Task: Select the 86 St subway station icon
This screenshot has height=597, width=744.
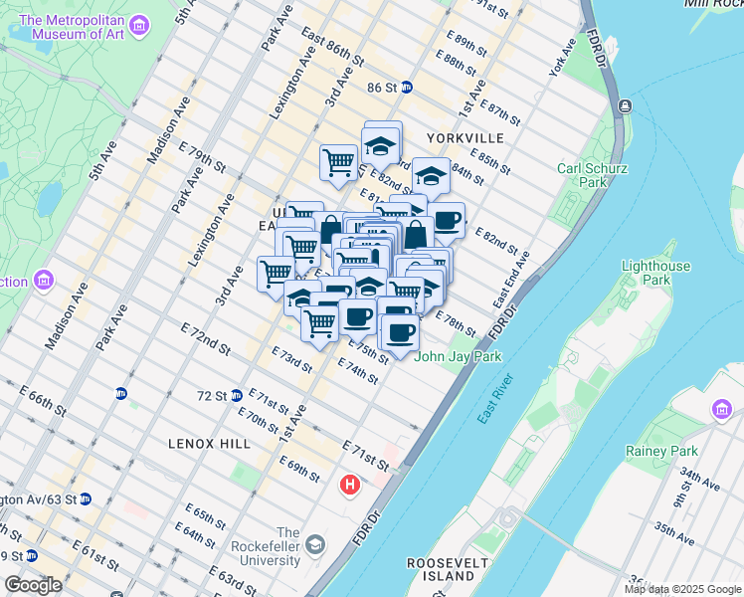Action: click(x=406, y=87)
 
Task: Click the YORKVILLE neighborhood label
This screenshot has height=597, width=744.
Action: click(x=465, y=137)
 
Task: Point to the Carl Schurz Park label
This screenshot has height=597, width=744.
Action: click(x=593, y=175)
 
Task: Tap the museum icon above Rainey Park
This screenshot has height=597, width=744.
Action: click(x=721, y=409)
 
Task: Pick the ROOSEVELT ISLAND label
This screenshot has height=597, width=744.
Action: click(x=442, y=569)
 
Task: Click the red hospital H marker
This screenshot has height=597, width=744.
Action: click(x=349, y=486)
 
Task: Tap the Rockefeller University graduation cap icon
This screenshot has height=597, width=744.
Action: click(x=315, y=544)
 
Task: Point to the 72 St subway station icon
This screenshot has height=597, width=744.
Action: click(x=236, y=395)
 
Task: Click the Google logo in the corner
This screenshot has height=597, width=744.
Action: click(x=33, y=585)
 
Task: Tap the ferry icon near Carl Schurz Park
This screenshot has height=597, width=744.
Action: click(x=624, y=105)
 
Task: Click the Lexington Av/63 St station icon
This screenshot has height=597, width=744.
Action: click(x=86, y=498)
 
